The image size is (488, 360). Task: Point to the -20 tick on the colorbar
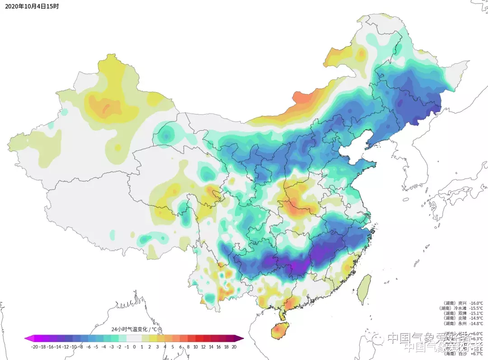click(34, 347)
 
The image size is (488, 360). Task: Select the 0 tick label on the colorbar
click(134, 347)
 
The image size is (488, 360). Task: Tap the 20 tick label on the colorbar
click(234, 347)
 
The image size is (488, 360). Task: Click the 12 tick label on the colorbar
click(203, 347)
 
